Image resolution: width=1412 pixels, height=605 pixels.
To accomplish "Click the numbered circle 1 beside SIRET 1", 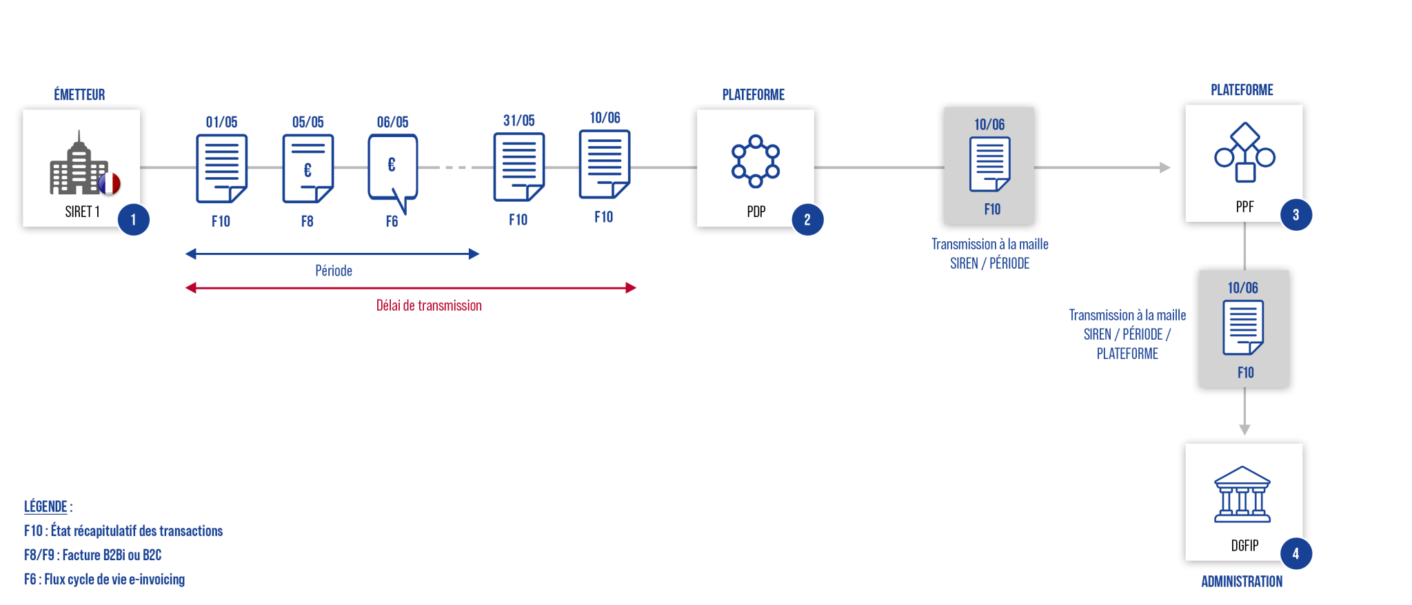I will click(x=133, y=220).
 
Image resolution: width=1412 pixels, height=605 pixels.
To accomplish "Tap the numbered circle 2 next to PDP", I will click(x=807, y=220).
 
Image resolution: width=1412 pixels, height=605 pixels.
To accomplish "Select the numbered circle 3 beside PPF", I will click(x=1295, y=215).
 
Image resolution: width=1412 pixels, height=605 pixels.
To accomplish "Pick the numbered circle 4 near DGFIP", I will click(x=1295, y=553).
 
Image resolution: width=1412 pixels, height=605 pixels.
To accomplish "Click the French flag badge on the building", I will click(x=109, y=183).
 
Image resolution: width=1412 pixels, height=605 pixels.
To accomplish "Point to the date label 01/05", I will click(x=221, y=122).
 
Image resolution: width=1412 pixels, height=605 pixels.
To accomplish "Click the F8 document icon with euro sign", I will click(x=307, y=168).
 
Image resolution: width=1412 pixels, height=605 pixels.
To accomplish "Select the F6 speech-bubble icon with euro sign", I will click(x=392, y=170).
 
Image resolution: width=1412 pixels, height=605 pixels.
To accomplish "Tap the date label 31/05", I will click(x=518, y=121).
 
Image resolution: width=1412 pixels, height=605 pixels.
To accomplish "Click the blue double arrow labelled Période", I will click(x=332, y=254).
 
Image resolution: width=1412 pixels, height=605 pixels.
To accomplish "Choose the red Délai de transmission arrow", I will click(x=411, y=287).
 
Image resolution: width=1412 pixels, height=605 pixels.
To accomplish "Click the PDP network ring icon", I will click(x=756, y=161).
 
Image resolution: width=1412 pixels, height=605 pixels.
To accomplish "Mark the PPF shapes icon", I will click(x=1244, y=153).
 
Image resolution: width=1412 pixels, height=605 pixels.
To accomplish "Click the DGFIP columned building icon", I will click(x=1242, y=495).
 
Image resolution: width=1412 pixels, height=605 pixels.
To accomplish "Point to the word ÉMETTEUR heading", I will click(x=79, y=94).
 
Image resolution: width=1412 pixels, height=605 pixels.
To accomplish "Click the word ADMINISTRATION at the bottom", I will click(x=1242, y=581).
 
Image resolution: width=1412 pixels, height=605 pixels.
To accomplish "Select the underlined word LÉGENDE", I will click(x=46, y=506).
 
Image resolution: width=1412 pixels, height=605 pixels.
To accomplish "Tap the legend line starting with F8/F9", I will click(x=92, y=555).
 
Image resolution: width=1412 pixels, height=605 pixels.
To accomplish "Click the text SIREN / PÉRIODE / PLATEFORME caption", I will click(x=1127, y=334).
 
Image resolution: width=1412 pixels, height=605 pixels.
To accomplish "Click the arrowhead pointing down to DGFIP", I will click(x=1244, y=429).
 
